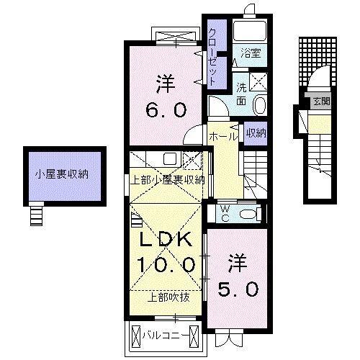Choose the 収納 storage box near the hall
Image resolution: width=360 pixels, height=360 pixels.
(x=255, y=132)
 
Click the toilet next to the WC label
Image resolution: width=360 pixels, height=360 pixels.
(x=248, y=213)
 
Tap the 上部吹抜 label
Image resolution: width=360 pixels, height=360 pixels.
(x=165, y=297)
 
